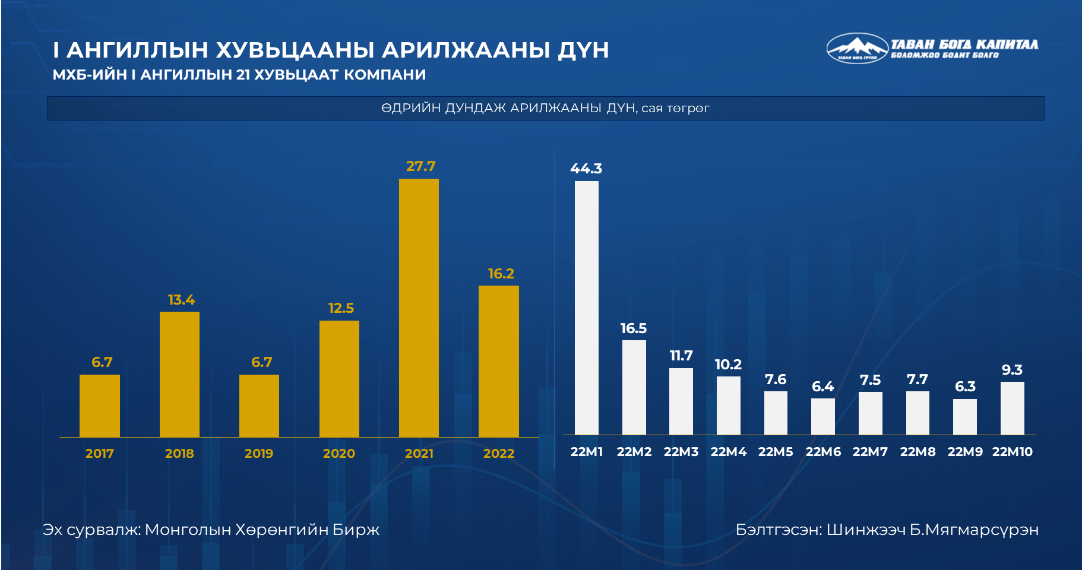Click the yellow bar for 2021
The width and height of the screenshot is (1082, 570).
click(x=419, y=308)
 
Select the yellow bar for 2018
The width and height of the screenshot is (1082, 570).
click(x=179, y=374)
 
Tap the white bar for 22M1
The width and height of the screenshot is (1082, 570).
click(x=586, y=308)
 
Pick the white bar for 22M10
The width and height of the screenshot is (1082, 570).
click(x=1012, y=408)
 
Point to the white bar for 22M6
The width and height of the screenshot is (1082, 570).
click(x=822, y=416)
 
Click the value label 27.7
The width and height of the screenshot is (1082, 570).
click(x=420, y=166)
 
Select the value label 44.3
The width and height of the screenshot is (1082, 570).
click(x=586, y=169)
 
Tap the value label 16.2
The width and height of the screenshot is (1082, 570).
click(x=501, y=274)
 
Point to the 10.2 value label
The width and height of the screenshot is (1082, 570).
click(x=728, y=365)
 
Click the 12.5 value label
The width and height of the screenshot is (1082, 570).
click(x=341, y=308)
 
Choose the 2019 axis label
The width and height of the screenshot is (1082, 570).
click(x=259, y=454)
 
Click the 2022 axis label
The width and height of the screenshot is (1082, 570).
click(x=498, y=454)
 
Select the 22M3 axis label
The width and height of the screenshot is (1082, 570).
click(x=681, y=452)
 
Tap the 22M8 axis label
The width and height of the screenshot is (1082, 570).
click(x=918, y=452)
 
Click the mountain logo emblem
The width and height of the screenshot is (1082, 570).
click(x=856, y=48)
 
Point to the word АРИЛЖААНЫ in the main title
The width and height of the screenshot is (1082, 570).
click(x=465, y=50)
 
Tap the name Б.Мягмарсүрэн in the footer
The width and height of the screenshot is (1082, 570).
click(x=974, y=529)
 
